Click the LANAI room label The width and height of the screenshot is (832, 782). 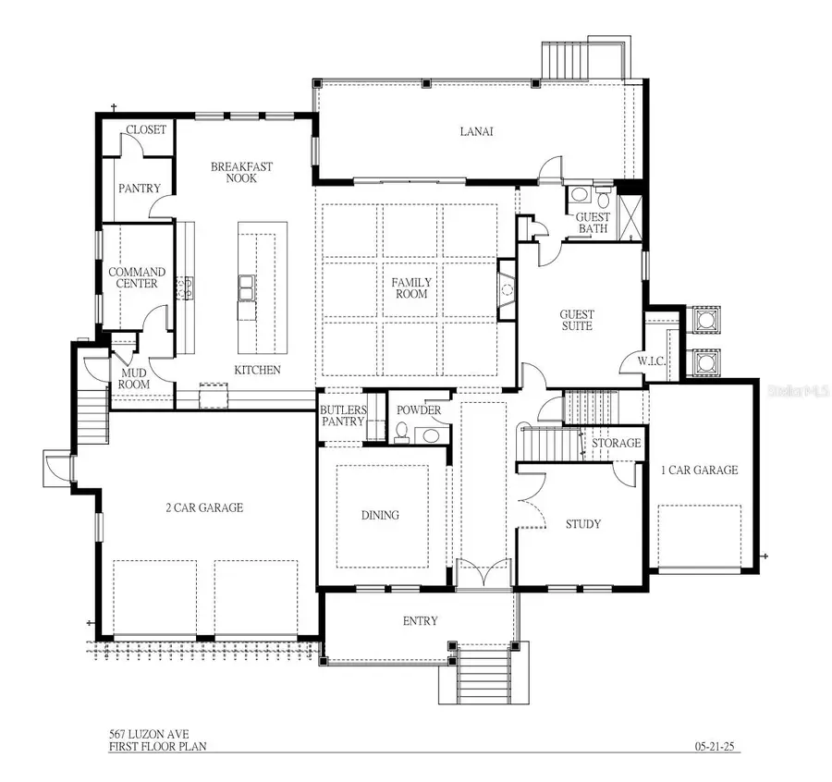pos(477,131)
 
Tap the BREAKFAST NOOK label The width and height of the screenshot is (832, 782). pos(241,172)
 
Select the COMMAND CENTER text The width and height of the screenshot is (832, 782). pos(137,278)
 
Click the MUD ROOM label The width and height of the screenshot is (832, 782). pos(128,380)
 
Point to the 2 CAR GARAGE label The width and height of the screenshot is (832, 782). pos(203,507)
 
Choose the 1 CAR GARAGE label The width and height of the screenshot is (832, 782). pos(699,470)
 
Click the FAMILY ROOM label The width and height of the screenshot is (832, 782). pos(410,287)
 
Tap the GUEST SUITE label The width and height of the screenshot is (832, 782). pos(577,320)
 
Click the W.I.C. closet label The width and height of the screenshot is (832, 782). pos(653,360)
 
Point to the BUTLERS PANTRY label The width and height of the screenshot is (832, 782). pos(343,416)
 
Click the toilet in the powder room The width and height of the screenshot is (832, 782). pos(402,433)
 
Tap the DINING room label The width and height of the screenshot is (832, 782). pos(380,515)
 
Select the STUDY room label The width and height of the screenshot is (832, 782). pos(583,524)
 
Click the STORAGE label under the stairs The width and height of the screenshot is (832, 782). pos(616,443)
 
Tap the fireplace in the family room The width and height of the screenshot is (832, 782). pos(506,289)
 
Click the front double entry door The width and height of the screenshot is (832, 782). pos(484,572)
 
